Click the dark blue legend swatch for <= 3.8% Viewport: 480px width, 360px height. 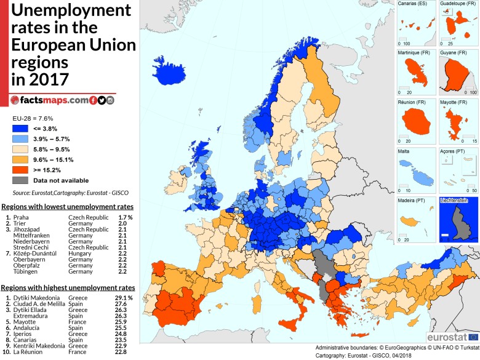(20, 129)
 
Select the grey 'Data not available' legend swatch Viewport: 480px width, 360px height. (20, 180)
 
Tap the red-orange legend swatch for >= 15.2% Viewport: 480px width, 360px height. (20, 170)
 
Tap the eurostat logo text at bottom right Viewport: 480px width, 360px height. (446, 337)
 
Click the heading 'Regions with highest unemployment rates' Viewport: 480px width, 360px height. (68, 271)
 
